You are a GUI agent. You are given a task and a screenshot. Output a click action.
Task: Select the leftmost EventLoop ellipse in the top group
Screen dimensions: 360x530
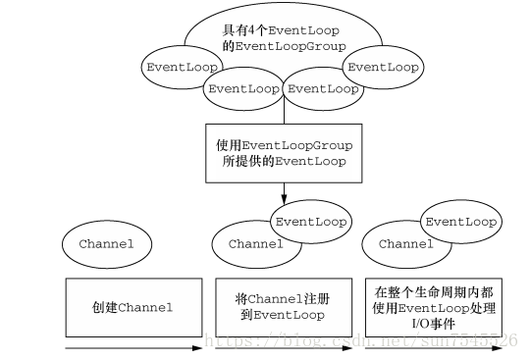(x=182, y=68)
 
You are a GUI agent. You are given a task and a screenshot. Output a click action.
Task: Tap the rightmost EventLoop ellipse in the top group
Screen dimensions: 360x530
(x=384, y=68)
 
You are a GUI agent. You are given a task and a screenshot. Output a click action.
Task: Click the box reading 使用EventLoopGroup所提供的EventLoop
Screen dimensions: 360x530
(x=283, y=152)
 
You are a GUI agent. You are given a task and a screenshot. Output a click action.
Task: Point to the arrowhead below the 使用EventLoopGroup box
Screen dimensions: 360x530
(x=284, y=195)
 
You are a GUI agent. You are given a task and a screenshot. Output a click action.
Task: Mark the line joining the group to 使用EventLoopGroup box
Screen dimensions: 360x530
(x=284, y=113)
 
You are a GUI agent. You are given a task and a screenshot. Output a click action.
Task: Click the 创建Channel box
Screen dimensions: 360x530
(x=132, y=307)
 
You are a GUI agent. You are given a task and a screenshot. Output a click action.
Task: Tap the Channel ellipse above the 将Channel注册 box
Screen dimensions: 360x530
(x=254, y=242)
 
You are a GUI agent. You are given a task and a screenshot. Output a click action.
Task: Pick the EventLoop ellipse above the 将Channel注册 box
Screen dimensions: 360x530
(x=311, y=222)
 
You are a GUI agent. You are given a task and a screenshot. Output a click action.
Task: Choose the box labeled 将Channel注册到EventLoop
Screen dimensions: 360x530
(x=283, y=307)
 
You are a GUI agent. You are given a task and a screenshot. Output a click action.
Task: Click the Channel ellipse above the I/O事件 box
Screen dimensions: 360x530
(x=404, y=242)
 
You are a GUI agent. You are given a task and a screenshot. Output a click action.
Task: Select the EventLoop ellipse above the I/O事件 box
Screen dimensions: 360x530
(x=460, y=222)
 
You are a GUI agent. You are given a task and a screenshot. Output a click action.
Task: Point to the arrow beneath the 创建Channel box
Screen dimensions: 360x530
(x=132, y=347)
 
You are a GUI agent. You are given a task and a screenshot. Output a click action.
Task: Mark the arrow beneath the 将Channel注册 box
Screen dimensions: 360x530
(x=283, y=347)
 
